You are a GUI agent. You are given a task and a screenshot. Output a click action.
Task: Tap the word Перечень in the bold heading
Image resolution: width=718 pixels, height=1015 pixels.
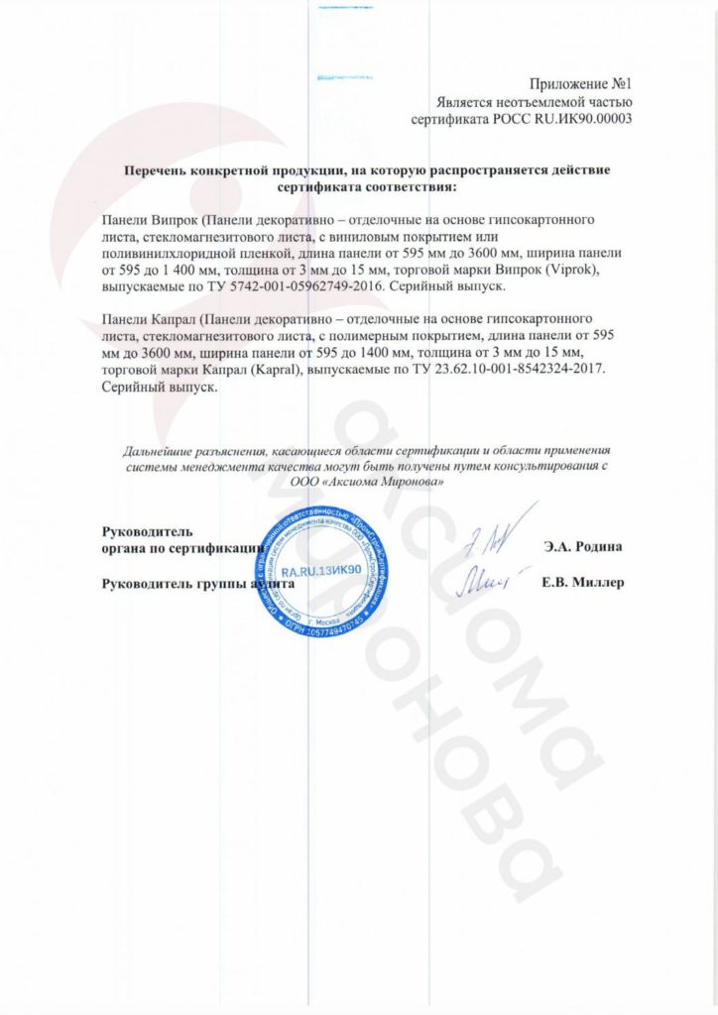tap(155, 169)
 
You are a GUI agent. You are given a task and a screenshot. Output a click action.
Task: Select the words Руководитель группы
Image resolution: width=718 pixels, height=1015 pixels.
tap(165, 583)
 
